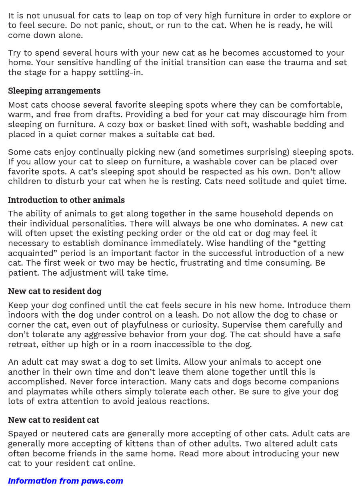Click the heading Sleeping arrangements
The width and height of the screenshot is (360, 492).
click(54, 91)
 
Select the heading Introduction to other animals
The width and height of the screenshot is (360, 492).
click(66, 200)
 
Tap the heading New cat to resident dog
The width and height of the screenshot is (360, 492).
click(55, 291)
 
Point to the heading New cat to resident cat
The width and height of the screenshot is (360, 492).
click(54, 420)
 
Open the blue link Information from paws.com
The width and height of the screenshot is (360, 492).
click(66, 481)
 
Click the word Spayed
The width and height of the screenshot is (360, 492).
click(22, 434)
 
